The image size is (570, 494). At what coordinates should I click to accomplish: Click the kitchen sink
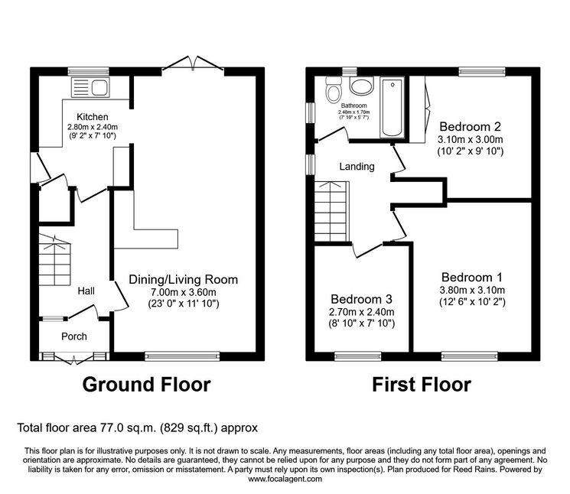tap(90, 87)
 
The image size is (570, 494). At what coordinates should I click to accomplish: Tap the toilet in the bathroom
tap(333, 89)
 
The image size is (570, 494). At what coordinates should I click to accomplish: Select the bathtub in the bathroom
tap(392, 108)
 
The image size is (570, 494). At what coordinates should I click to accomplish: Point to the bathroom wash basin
tap(361, 86)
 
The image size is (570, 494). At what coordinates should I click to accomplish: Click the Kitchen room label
tap(93, 116)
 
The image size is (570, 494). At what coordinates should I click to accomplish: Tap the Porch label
tap(74, 336)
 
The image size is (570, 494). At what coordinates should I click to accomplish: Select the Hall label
tap(86, 291)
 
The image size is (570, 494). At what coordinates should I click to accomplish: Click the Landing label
tap(357, 167)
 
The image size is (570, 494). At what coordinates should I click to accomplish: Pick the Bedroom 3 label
tap(361, 299)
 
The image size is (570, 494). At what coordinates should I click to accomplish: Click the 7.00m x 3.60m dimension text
tap(184, 291)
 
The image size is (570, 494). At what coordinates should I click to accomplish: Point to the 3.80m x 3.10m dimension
tap(472, 290)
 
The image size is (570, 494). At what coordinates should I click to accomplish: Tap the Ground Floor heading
tap(146, 385)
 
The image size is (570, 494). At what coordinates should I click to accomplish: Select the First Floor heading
tap(422, 385)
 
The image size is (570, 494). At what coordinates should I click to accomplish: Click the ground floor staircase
tap(54, 259)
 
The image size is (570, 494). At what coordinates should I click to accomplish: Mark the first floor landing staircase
tap(331, 211)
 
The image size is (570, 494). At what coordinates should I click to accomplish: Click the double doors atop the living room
tap(193, 63)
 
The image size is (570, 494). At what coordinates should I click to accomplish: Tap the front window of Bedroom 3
tap(358, 356)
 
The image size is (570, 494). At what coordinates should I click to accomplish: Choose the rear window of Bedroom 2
tap(482, 72)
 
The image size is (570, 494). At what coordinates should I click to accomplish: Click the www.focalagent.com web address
tap(285, 479)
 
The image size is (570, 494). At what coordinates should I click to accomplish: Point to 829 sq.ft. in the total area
tap(189, 427)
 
